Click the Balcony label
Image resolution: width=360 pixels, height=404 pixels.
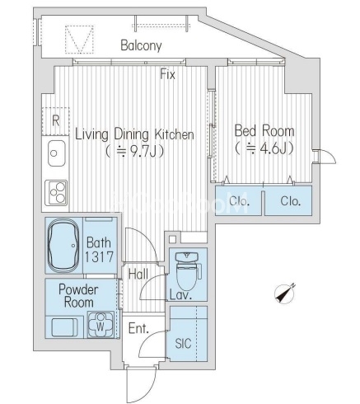tap(141, 45)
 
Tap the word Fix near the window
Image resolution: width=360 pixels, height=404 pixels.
tap(168, 74)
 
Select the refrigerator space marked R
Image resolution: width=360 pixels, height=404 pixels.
tap(55, 121)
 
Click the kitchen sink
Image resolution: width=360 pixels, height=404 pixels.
tap(57, 153)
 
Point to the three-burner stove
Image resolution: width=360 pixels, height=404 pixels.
tap(56, 192)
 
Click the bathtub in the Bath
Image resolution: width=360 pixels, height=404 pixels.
tap(63, 245)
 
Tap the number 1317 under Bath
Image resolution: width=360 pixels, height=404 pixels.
tap(99, 257)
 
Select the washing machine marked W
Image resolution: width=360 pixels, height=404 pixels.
tap(101, 324)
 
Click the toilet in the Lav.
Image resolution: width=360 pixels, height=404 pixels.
tap(188, 270)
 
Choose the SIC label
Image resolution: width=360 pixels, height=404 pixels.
tap(183, 343)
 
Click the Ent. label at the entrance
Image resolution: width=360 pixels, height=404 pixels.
tap(138, 328)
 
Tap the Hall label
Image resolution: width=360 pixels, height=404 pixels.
tap(138, 274)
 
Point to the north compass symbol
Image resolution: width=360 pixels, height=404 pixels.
tap(285, 294)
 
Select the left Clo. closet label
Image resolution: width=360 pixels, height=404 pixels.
tap(239, 201)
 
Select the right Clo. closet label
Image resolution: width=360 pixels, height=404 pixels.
tap(291, 201)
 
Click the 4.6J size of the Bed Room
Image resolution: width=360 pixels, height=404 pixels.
tap(273, 148)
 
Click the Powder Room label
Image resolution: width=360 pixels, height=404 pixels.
tap(78, 296)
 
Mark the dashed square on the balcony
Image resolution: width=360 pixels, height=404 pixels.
tap(79, 40)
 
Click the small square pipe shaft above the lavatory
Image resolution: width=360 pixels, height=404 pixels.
tap(172, 239)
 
